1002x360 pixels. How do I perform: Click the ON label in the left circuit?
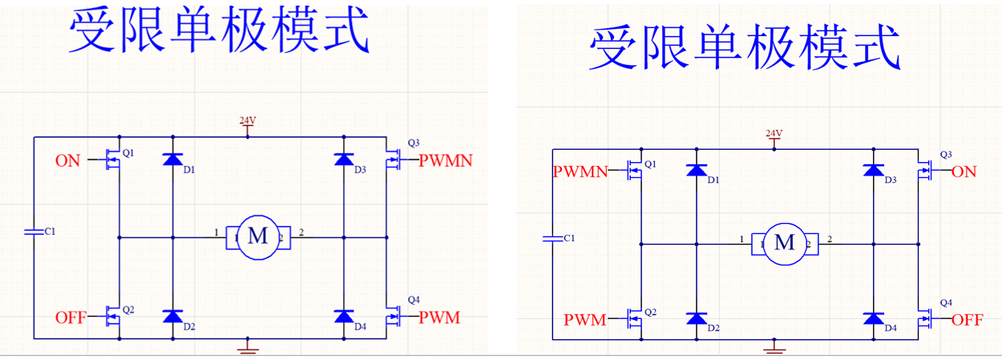[67, 160]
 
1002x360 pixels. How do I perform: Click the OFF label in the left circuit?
[71, 317]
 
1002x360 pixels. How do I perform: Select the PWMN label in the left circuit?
[445, 160]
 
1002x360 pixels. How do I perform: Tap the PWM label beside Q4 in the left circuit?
[439, 318]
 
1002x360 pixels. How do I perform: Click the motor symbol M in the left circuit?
[258, 236]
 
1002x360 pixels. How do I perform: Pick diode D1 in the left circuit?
[172, 160]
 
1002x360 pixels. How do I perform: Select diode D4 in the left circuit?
[344, 316]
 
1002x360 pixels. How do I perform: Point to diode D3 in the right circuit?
[873, 170]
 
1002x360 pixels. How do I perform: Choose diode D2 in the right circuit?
[697, 318]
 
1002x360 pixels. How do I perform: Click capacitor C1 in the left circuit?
[34, 231]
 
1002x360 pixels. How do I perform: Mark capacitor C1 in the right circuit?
[552, 238]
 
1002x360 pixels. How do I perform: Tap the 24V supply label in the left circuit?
[248, 121]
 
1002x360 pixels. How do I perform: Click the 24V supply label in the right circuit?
[774, 133]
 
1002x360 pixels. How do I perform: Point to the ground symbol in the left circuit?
[248, 347]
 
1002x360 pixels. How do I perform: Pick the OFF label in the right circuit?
[967, 319]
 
